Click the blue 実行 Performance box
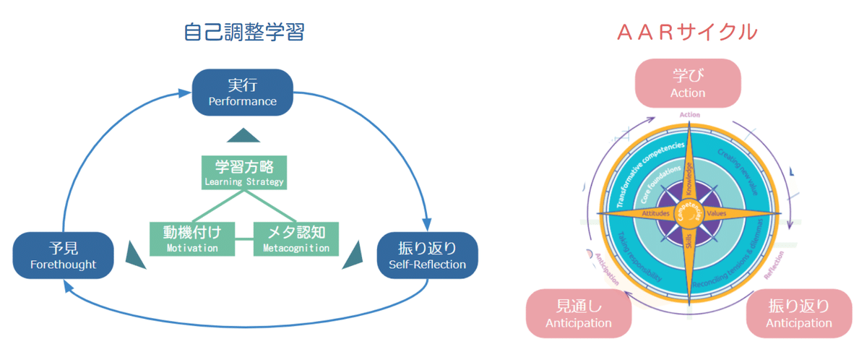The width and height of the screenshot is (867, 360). point(243,92)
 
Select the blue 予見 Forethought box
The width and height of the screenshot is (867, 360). point(64,255)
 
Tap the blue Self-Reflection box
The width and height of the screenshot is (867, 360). point(427,255)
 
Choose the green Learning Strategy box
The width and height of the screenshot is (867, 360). point(243,172)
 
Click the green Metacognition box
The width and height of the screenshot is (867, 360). point(296,239)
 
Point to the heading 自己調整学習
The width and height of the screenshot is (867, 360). point(244,33)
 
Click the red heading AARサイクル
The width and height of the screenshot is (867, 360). point(687,33)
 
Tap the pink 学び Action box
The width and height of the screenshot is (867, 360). point(688,83)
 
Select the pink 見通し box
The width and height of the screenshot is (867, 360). point(579,313)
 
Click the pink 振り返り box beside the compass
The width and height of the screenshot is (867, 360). point(799,313)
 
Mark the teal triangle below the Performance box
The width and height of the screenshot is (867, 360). point(243,135)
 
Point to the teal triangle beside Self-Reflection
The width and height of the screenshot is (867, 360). point(353,254)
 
